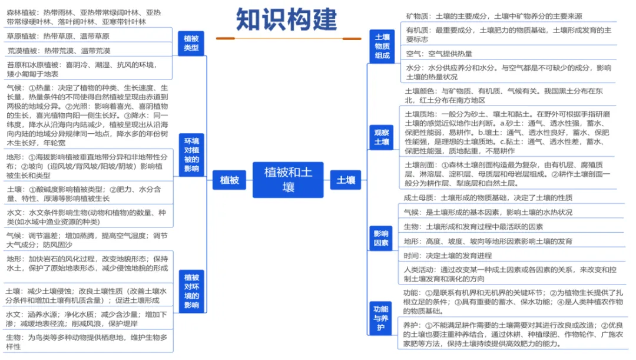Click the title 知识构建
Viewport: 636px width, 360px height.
click(x=286, y=19)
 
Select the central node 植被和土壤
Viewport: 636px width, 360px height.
click(x=288, y=180)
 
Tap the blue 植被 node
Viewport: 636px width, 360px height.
click(x=229, y=180)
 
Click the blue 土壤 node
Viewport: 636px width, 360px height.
click(x=346, y=180)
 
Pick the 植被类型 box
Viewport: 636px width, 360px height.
click(x=191, y=43)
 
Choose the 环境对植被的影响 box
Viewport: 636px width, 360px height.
click(x=191, y=154)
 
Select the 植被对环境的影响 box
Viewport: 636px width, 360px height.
click(x=191, y=291)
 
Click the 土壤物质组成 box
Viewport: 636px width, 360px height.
click(x=382, y=47)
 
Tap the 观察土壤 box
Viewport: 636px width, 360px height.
click(x=381, y=137)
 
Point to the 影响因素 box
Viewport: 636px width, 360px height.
click(x=381, y=238)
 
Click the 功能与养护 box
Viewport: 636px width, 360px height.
click(x=380, y=318)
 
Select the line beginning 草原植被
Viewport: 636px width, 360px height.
click(x=58, y=36)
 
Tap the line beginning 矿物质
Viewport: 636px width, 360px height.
click(x=494, y=16)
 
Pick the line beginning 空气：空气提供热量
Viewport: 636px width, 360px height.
click(x=439, y=54)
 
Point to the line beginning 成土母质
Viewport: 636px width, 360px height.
click(x=488, y=197)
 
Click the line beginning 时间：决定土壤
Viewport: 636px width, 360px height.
click(x=448, y=256)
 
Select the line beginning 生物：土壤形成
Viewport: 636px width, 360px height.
click(x=473, y=227)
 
